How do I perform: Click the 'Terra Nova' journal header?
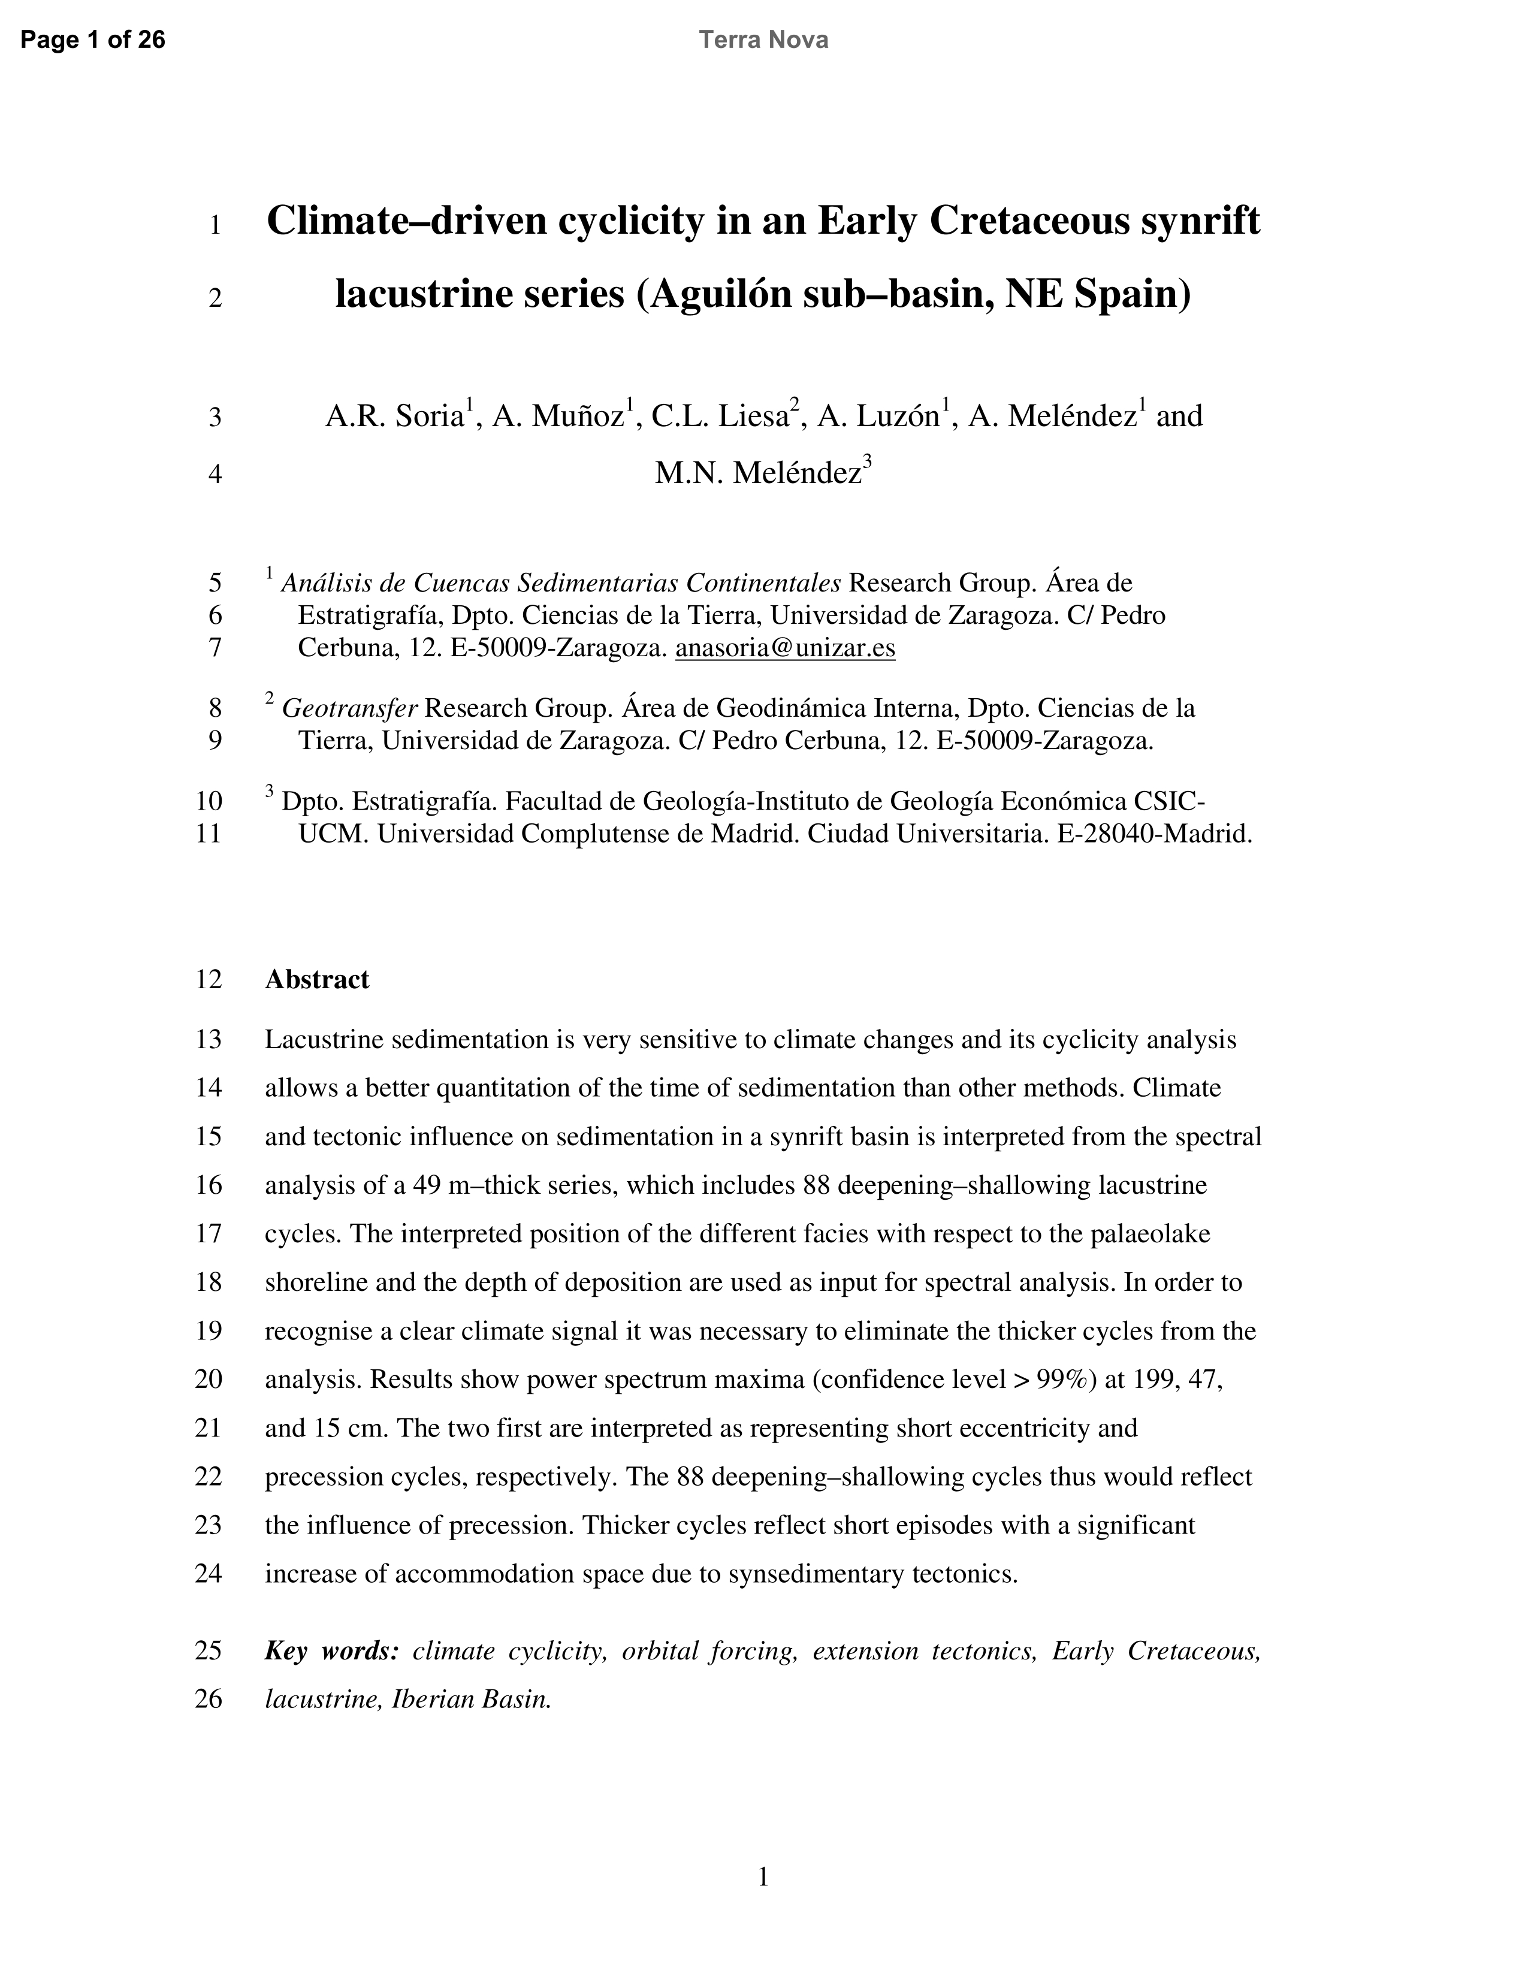(x=763, y=40)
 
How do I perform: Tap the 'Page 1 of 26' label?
(x=92, y=40)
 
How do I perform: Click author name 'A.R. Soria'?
(x=395, y=416)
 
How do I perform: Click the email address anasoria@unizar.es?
(x=785, y=648)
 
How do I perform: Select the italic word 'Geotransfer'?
(x=349, y=708)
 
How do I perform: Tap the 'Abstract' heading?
(x=317, y=979)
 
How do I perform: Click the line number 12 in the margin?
(x=208, y=979)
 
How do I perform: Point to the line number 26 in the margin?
(x=208, y=1699)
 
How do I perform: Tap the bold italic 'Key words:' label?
(x=331, y=1651)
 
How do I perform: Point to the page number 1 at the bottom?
(x=763, y=1878)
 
